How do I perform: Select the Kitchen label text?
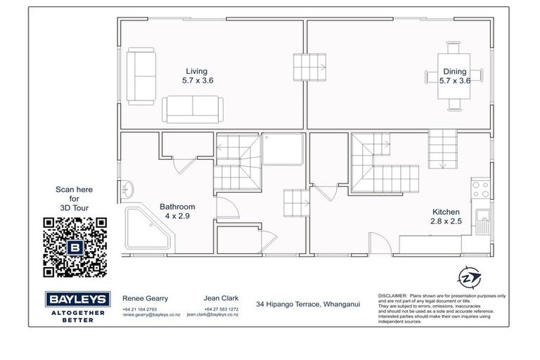click(445, 217)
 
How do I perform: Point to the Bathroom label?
click(177, 211)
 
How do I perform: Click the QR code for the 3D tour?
click(75, 247)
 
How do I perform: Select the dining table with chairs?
click(454, 76)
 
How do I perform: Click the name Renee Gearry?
click(146, 297)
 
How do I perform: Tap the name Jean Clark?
click(221, 297)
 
